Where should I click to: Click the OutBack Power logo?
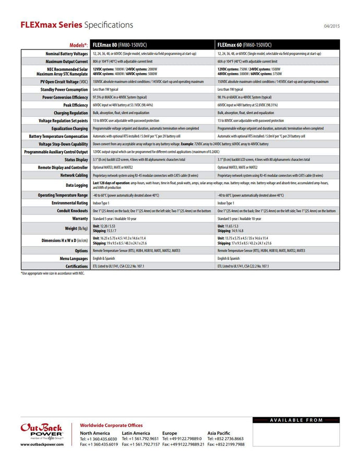tap(42, 430)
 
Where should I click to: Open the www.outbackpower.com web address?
tap(42, 445)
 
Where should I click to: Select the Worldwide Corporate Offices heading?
tap(111, 425)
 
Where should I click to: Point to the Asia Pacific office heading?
tap(219, 433)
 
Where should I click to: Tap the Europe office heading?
tap(170, 433)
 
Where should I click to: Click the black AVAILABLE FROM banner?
tap(296, 420)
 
